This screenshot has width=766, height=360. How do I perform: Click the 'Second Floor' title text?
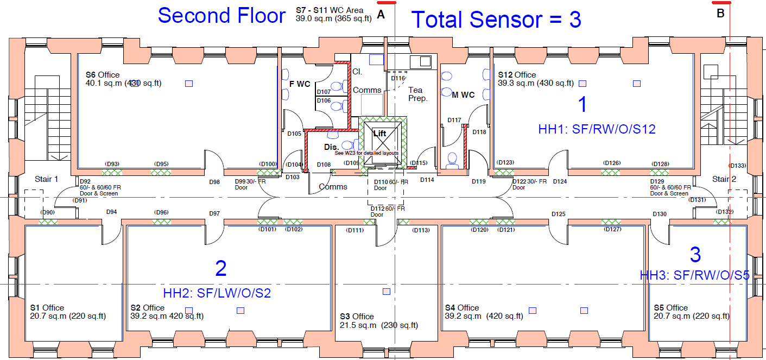coord(221,15)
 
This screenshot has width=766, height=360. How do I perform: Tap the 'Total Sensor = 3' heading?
coord(496,20)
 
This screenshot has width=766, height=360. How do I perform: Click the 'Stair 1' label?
coord(46,179)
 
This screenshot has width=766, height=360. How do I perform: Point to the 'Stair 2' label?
coord(724,179)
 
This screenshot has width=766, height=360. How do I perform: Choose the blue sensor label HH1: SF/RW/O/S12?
coord(597,129)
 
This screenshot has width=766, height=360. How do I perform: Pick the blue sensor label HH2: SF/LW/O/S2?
coord(217,293)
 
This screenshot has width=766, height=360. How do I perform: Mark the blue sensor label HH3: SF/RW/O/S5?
coord(694,275)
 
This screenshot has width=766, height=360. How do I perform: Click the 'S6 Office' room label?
coord(103,75)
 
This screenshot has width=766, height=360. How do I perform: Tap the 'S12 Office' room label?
coord(517,75)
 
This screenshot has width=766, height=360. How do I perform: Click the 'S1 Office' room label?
coord(47,308)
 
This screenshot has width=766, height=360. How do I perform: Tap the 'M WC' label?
coord(463,95)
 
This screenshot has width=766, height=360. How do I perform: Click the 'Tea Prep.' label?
coord(417,94)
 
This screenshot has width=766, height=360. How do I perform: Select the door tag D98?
coord(214,182)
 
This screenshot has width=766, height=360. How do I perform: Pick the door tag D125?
coord(558,214)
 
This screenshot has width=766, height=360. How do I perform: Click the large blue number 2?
coord(220,269)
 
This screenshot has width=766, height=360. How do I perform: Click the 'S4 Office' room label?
coord(461,308)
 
